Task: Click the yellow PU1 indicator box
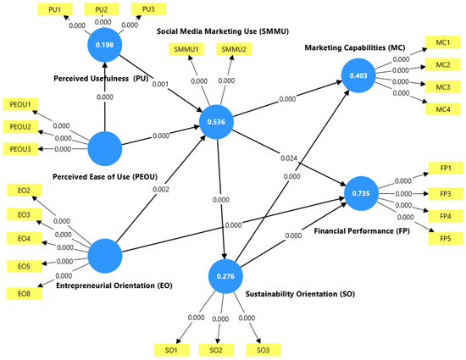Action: pyautogui.click(x=55, y=9)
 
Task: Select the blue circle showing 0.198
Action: pyautogui.click(x=104, y=45)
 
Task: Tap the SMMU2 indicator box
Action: pyautogui.click(x=234, y=49)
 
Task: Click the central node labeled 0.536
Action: pyautogui.click(x=216, y=122)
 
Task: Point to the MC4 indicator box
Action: pyautogui.click(x=443, y=109)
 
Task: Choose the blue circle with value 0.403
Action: pyautogui.click(x=358, y=75)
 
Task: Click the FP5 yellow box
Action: pyautogui.click(x=446, y=239)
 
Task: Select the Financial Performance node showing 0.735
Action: pyautogui.click(x=361, y=193)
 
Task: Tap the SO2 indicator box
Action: pyautogui.click(x=216, y=350)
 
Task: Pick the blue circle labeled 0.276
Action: pyautogui.click(x=225, y=276)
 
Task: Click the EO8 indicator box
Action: pyautogui.click(x=24, y=293)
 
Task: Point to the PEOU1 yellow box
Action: pyautogui.click(x=20, y=104)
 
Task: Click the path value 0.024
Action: pyautogui.click(x=289, y=158)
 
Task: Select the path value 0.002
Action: pyautogui.click(x=161, y=189)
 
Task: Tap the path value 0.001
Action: pyautogui.click(x=160, y=84)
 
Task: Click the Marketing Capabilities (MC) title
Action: pyautogui.click(x=355, y=47)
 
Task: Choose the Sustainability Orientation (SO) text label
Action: pyautogui.click(x=300, y=294)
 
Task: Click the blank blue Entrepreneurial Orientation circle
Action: pyautogui.click(x=105, y=256)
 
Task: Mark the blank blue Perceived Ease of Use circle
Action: pyautogui.click(x=105, y=148)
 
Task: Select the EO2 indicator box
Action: pyautogui.click(x=24, y=190)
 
